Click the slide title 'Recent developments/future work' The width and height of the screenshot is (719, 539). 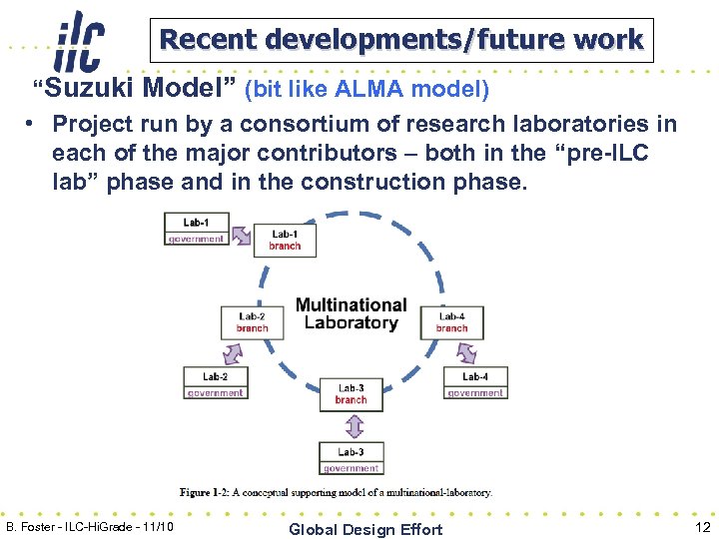[x=401, y=40]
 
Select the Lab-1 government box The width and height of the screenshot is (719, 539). [x=196, y=230]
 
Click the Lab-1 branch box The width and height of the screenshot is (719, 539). [x=285, y=241]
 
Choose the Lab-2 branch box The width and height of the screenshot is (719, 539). [x=252, y=322]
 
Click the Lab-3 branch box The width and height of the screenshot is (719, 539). [x=351, y=394]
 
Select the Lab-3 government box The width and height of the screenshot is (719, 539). [x=351, y=459]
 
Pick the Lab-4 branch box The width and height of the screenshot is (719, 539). [x=451, y=322]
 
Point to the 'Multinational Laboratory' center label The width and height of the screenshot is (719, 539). [x=351, y=313]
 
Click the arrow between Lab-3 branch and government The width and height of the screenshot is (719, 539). [x=352, y=426]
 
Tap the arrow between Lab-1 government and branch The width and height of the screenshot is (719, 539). [x=241, y=235]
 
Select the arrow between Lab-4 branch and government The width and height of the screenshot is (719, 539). [x=465, y=352]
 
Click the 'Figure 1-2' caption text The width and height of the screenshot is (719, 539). [x=336, y=492]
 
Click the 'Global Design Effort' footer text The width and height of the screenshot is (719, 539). [x=364, y=529]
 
